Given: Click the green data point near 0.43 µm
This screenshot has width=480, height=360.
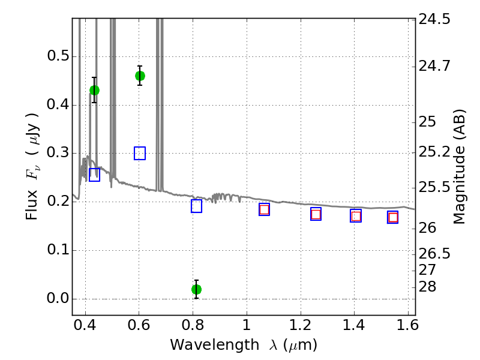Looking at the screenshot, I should pyautogui.click(x=94, y=90).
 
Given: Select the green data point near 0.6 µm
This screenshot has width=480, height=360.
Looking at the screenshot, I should pyautogui.click(x=140, y=76).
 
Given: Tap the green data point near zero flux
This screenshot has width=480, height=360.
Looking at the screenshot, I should pyautogui.click(x=196, y=289).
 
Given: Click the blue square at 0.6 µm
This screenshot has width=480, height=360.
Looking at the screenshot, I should pyautogui.click(x=140, y=153).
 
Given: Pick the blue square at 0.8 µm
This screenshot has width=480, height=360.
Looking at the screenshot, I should pyautogui.click(x=196, y=206).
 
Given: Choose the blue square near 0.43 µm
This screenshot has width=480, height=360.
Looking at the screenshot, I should pyautogui.click(x=94, y=175).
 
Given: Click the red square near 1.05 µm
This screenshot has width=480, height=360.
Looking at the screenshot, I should pyautogui.click(x=264, y=209).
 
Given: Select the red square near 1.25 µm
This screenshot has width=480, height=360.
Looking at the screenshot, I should pyautogui.click(x=316, y=214).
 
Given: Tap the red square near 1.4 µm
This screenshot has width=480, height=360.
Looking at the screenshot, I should pyautogui.click(x=356, y=216).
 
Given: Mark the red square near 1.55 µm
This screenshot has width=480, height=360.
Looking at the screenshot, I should pyautogui.click(x=393, y=217).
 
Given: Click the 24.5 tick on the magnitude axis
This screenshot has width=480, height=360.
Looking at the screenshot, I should pyautogui.click(x=435, y=19).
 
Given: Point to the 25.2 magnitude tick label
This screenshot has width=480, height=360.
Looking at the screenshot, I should pyautogui.click(x=435, y=153).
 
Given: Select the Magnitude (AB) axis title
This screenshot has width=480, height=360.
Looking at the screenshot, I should pyautogui.click(x=460, y=166).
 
